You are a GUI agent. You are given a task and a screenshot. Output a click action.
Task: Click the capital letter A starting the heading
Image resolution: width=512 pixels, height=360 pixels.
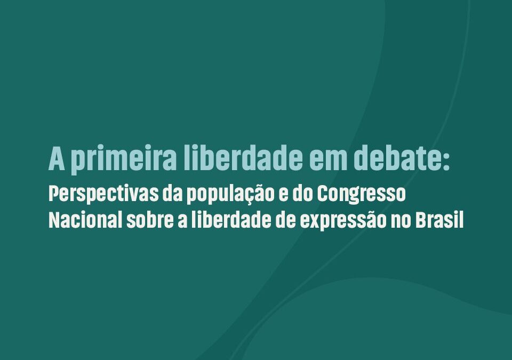point(57,159)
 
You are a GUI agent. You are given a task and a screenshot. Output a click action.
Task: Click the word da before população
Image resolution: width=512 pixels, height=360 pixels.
point(172,194)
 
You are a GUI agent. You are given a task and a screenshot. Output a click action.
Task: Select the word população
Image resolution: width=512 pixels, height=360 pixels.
point(230,195)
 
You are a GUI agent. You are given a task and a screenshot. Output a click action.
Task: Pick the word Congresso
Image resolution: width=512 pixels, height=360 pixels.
point(362,195)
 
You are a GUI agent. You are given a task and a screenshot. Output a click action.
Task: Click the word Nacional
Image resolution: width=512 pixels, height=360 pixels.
point(85,220)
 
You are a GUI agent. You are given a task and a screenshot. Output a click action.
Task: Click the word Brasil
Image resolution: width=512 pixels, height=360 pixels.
point(439,220)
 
